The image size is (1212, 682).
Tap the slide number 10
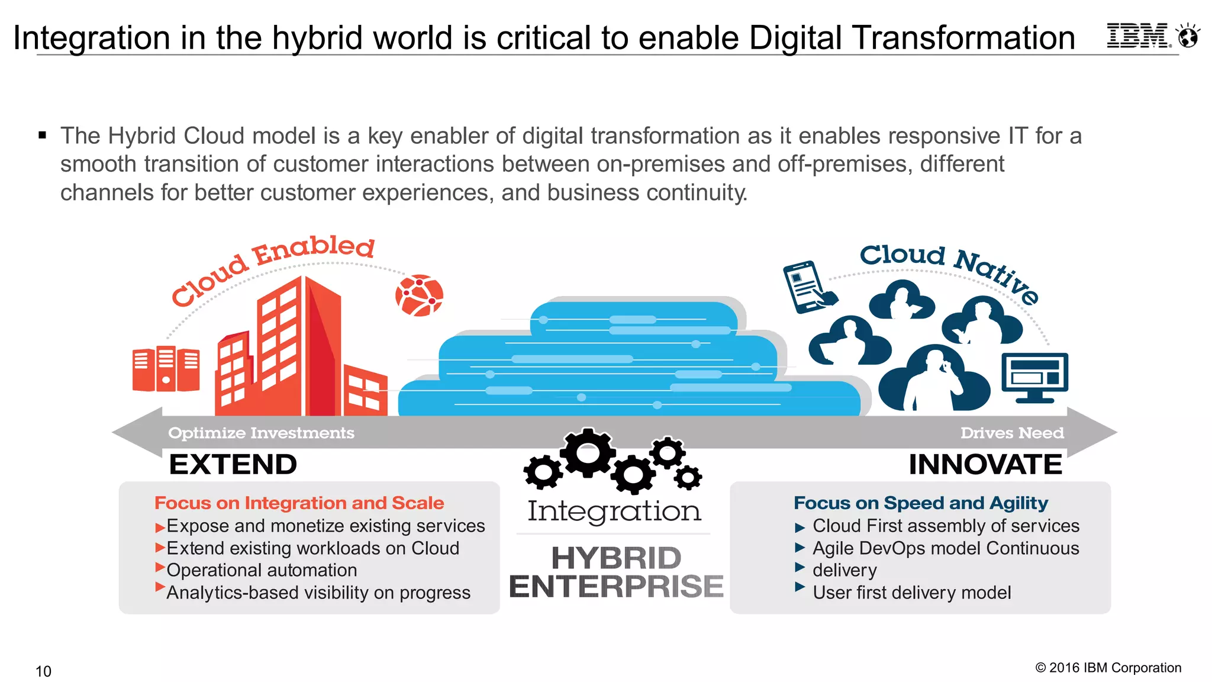point(43,671)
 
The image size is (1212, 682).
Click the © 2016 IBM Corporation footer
point(1108,668)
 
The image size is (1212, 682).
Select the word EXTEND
point(233,464)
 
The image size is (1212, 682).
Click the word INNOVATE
point(985,464)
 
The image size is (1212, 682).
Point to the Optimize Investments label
point(261,433)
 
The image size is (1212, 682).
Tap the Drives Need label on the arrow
point(1012,433)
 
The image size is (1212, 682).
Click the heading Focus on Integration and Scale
point(299,503)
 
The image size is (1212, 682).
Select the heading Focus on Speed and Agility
point(921,503)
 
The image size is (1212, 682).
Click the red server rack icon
point(166,368)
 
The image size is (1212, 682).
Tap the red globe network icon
point(419,295)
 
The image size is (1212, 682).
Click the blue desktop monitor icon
point(1034,377)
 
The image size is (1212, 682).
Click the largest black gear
point(588,453)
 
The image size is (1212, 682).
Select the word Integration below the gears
point(614,511)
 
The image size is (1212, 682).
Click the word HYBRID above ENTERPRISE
point(616,558)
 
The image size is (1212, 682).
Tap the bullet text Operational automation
point(262,570)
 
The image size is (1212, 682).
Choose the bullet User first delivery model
point(911,593)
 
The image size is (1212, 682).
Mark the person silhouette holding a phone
point(934,379)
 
